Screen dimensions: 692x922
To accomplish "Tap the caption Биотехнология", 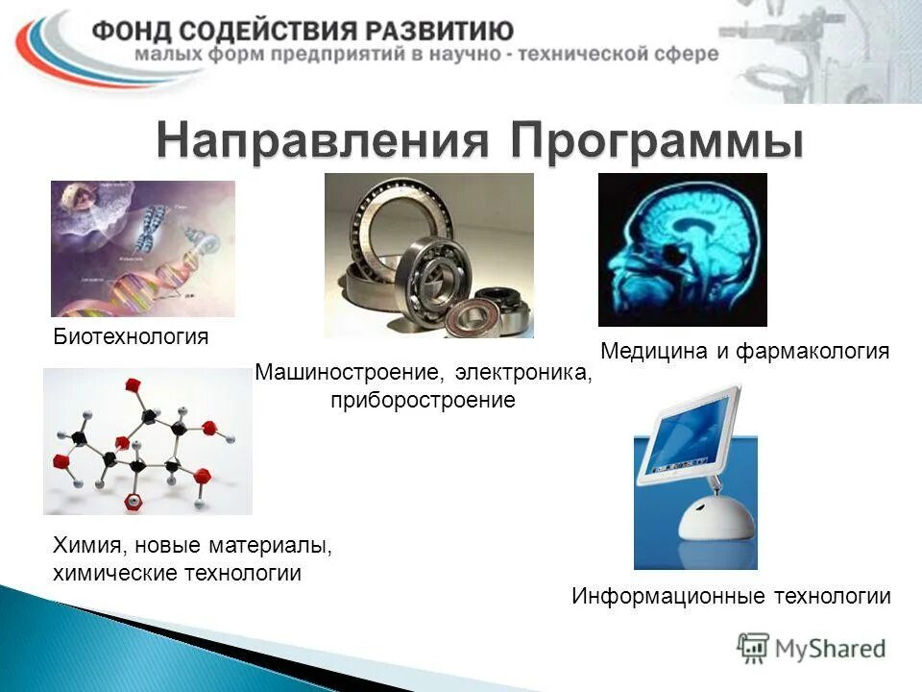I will point(130,337).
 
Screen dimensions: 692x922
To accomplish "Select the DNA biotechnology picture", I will point(142,248).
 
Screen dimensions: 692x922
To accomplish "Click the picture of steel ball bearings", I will point(428,255).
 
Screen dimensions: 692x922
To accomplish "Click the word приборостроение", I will point(423,399).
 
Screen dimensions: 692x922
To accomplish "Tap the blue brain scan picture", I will point(682,250).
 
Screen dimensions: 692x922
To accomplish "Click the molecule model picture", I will point(147,441).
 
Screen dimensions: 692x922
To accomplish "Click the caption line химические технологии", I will point(176,574).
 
